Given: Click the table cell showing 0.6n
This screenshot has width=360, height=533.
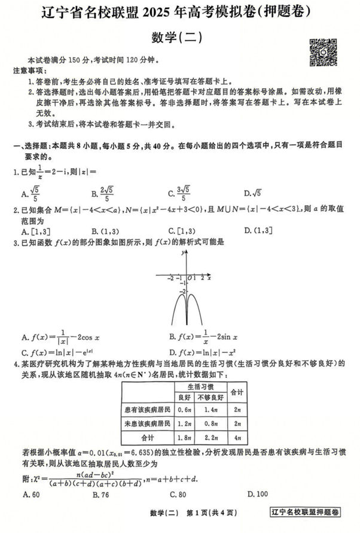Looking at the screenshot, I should coord(185,410).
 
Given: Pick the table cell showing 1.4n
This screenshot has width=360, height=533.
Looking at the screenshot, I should coord(212,410).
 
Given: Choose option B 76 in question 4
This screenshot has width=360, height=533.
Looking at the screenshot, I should coord(99,494).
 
